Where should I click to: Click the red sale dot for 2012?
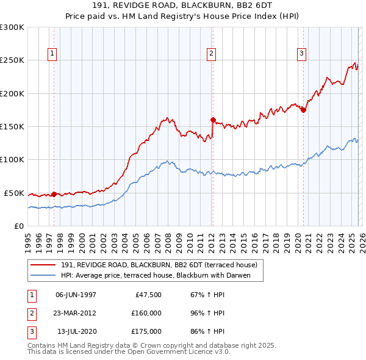point(213,120)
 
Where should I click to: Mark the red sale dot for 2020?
point(303,110)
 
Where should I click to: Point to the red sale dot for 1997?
point(54,194)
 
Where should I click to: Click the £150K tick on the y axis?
point(12,127)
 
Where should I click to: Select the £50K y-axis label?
point(14,193)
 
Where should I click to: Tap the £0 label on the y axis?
point(18,226)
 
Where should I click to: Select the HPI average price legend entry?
point(161,276)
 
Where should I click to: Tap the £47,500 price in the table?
point(146,295)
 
